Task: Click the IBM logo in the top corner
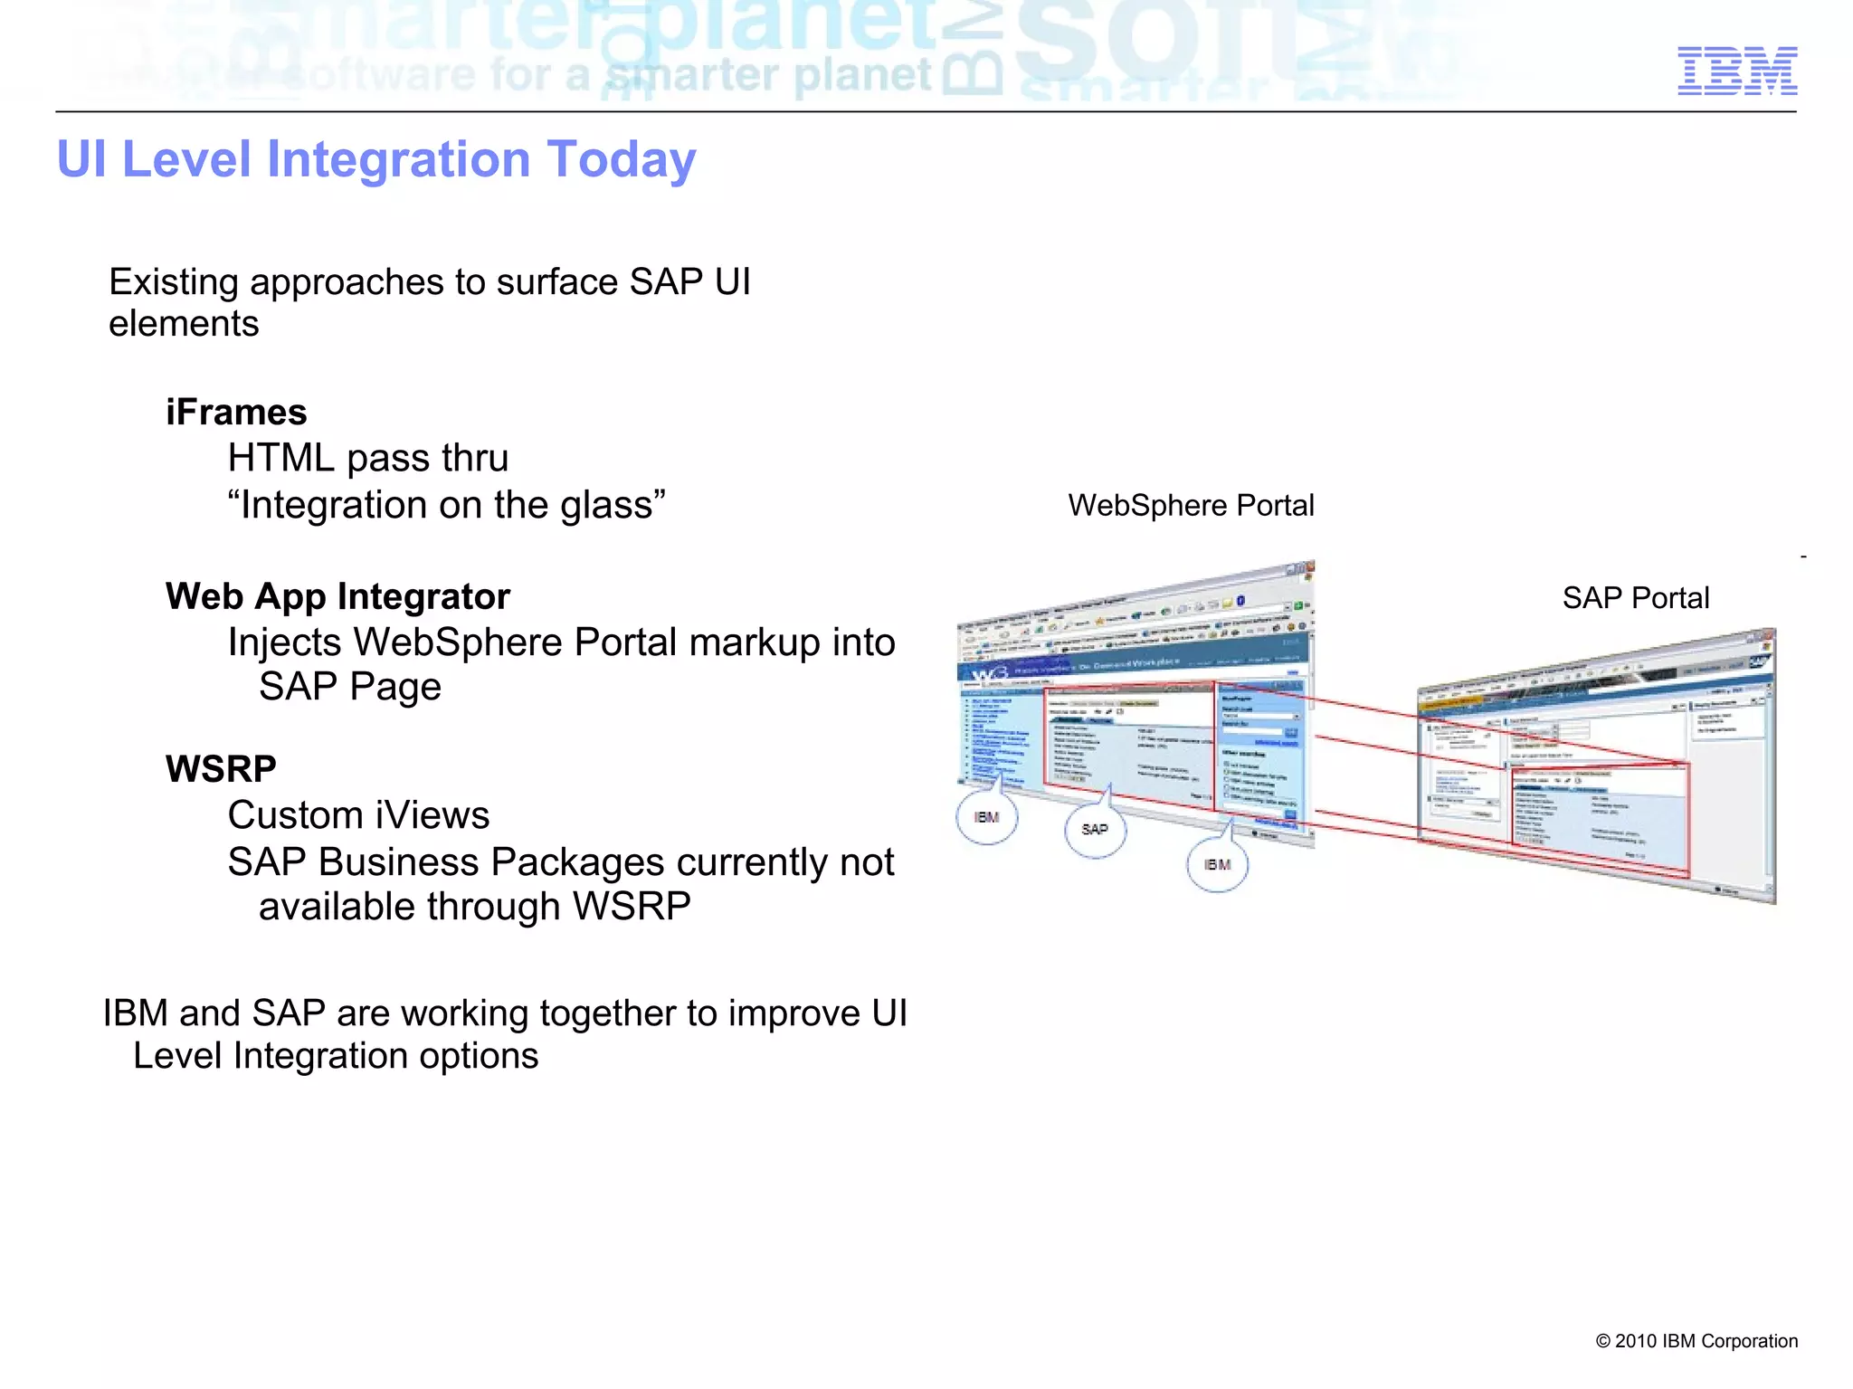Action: pyautogui.click(x=1736, y=71)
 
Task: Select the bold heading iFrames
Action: pyautogui.click(x=236, y=413)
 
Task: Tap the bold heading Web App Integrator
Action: pyautogui.click(x=337, y=597)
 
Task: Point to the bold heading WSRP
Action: pyautogui.click(x=221, y=769)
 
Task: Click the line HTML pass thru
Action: pyautogui.click(x=367, y=458)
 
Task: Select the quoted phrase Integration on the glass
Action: pyautogui.click(x=446, y=505)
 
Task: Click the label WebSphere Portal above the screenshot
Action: pyautogui.click(x=1191, y=505)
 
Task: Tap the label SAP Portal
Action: pyautogui.click(x=1635, y=598)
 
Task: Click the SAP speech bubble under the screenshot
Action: pyautogui.click(x=1095, y=830)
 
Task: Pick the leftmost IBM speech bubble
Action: pyautogui.click(x=986, y=817)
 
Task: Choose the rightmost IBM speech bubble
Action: pyautogui.click(x=1217, y=865)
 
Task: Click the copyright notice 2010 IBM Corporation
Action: pyautogui.click(x=1696, y=1341)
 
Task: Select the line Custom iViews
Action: pyautogui.click(x=358, y=815)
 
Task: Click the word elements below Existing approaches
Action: pyautogui.click(x=184, y=324)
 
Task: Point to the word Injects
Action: pyautogui.click(x=284, y=642)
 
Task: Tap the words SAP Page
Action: pyautogui.click(x=349, y=687)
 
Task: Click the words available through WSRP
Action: pyautogui.click(x=474, y=907)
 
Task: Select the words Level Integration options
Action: pyautogui.click(x=336, y=1056)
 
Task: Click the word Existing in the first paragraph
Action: pyautogui.click(x=174, y=282)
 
